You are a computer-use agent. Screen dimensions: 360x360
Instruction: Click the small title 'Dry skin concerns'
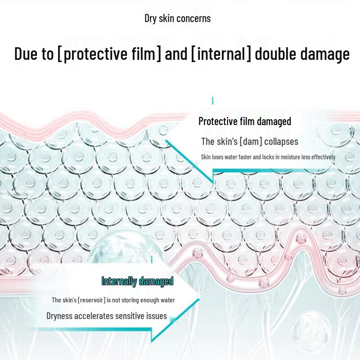[x=177, y=18]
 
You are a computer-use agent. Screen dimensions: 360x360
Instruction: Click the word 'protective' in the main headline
[x=95, y=54]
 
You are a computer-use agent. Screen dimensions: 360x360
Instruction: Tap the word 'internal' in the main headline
[x=221, y=54]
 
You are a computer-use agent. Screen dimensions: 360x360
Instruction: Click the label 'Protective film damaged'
[x=245, y=121]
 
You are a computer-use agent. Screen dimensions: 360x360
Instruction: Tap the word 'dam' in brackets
[x=251, y=142]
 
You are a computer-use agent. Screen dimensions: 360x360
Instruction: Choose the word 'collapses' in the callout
[x=281, y=142]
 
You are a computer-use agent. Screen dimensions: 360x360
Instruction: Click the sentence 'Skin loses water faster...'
[x=268, y=157]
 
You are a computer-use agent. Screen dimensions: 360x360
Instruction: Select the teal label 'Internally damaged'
[x=137, y=282]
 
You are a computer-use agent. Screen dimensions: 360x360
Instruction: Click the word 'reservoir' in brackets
[x=91, y=300]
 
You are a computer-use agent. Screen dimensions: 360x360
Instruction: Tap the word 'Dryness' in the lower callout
[x=59, y=316]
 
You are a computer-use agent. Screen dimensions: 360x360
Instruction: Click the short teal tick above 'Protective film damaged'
[x=212, y=100]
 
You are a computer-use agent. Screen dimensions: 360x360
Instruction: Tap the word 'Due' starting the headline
[x=26, y=54]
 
